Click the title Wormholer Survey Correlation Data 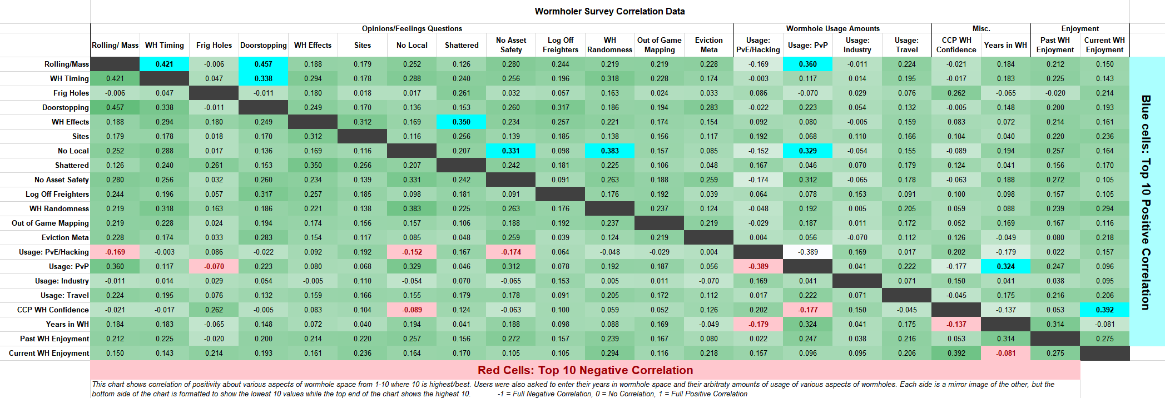click(x=609, y=11)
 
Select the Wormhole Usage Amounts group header click(x=832, y=28)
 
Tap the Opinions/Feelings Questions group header click(x=412, y=28)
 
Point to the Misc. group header click(x=981, y=28)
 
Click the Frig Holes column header click(x=214, y=45)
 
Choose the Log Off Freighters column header click(x=561, y=45)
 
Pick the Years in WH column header click(x=1005, y=45)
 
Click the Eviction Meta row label click(x=65, y=237)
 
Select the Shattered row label click(x=72, y=165)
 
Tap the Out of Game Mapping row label click(x=50, y=223)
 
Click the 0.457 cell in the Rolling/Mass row click(x=264, y=64)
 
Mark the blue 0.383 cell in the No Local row click(x=610, y=151)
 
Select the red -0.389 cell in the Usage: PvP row click(x=759, y=266)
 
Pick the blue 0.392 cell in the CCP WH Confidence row click(x=1105, y=310)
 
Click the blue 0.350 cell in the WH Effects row click(x=462, y=122)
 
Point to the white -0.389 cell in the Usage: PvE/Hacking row click(x=808, y=252)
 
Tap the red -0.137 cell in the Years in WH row click(x=956, y=324)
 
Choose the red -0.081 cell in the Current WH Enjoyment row click(x=1006, y=353)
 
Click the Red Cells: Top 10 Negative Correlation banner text click(x=585, y=370)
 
